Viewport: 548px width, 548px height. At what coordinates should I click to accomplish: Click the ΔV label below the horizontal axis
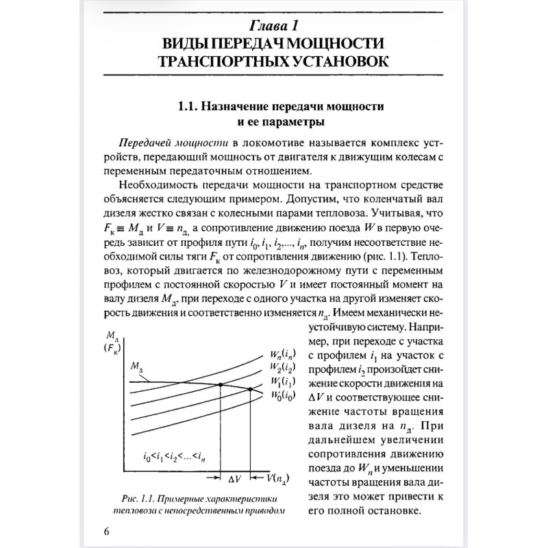[x=235, y=477]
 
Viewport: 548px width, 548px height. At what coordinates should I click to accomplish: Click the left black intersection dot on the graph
[x=220, y=384]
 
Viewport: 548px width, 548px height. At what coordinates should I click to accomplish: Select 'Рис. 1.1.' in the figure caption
[x=136, y=498]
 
